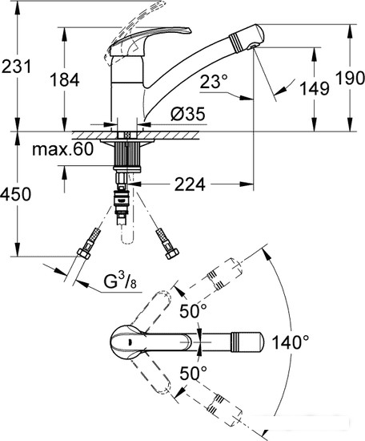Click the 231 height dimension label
click(16, 67)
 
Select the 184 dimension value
click(65, 79)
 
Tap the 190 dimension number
click(350, 78)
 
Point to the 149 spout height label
click(315, 88)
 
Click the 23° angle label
click(214, 82)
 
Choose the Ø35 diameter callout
click(188, 114)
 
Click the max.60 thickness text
click(62, 149)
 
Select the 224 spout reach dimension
click(190, 184)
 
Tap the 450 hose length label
click(16, 194)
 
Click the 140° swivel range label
click(291, 342)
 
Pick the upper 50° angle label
click(193, 311)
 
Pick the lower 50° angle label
click(193, 373)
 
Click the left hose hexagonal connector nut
click(84, 253)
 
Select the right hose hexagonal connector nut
click(172, 253)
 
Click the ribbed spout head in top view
click(247, 342)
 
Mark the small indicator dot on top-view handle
click(129, 342)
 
